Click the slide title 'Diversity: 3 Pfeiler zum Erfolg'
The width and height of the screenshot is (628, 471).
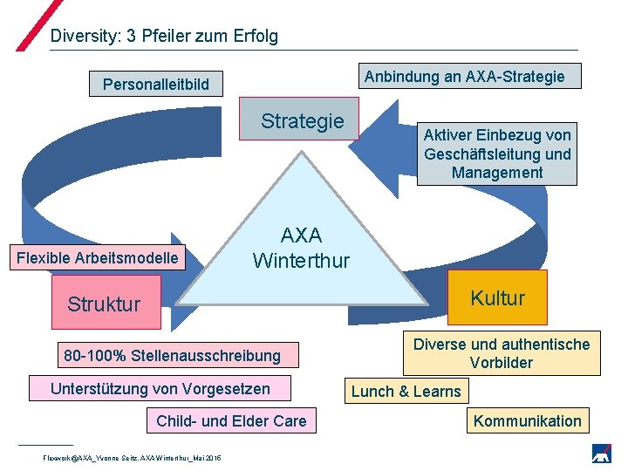pos(164,36)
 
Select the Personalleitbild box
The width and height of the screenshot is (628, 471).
pos(156,85)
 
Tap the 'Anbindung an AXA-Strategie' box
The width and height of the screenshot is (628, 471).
pos(464,77)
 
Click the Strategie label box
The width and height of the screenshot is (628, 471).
pos(303,121)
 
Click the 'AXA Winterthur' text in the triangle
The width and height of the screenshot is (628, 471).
pos(301,248)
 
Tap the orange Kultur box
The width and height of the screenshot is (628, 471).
pos(497,298)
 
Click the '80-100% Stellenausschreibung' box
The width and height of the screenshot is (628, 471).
pos(173,355)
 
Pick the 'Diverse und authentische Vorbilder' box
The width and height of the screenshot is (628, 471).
pos(502,353)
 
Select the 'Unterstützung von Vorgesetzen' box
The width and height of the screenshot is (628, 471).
pos(160,388)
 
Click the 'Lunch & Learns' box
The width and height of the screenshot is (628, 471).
pos(406,391)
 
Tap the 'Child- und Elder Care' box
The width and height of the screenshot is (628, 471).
pos(231,421)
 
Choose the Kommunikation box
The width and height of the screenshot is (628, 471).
pos(527,421)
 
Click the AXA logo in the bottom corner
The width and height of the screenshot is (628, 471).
pos(601,454)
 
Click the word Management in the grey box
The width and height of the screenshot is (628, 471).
pos(497,173)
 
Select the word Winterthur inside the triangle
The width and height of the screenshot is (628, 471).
pos(301,261)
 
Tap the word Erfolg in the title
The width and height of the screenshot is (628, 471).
pos(254,36)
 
